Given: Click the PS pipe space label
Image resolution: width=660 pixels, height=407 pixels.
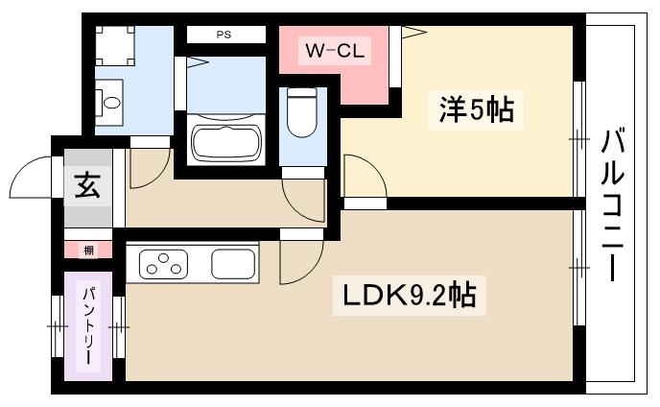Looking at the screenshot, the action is click(x=224, y=35).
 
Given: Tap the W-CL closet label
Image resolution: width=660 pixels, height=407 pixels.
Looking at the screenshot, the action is click(x=335, y=51).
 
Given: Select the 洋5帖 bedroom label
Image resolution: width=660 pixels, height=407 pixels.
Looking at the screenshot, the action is click(x=476, y=109).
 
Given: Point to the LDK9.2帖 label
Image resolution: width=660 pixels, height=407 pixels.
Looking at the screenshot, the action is click(x=410, y=296).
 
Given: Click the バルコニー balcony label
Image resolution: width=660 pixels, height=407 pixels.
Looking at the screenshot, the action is click(x=612, y=204).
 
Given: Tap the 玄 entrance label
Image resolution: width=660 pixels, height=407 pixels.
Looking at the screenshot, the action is click(x=87, y=185).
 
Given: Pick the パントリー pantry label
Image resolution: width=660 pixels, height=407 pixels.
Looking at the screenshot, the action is click(x=88, y=325).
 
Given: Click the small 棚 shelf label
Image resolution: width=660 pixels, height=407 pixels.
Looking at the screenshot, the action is click(x=88, y=251).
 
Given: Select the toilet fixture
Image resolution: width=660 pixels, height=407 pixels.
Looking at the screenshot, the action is click(x=302, y=112).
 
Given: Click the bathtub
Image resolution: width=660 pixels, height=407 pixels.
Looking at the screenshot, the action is click(x=226, y=142).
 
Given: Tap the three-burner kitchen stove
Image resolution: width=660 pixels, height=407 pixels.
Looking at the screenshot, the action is click(x=163, y=264).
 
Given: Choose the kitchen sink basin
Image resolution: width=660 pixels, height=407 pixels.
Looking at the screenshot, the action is click(x=233, y=264).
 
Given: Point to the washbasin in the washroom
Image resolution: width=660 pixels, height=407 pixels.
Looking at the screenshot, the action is click(x=110, y=103).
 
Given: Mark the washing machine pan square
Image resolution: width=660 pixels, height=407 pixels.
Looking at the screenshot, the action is click(x=115, y=46).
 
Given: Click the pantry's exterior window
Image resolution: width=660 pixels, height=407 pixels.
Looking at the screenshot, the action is click(x=57, y=326).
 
